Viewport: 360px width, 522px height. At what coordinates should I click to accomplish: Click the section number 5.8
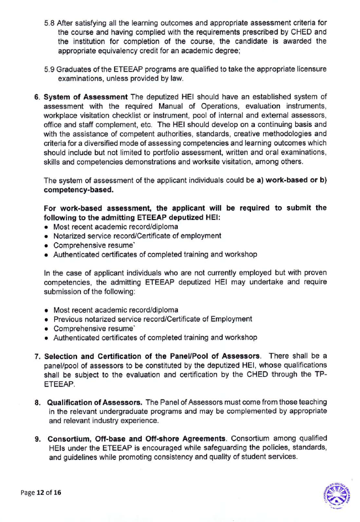[x=49, y=23]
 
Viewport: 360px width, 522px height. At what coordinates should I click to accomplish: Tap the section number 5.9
[x=49, y=69]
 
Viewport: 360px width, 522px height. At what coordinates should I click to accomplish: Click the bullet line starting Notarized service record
[x=137, y=236]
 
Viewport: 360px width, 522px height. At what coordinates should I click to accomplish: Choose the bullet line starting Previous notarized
[x=152, y=319]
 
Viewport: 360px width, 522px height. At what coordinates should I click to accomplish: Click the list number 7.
[x=37, y=356]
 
